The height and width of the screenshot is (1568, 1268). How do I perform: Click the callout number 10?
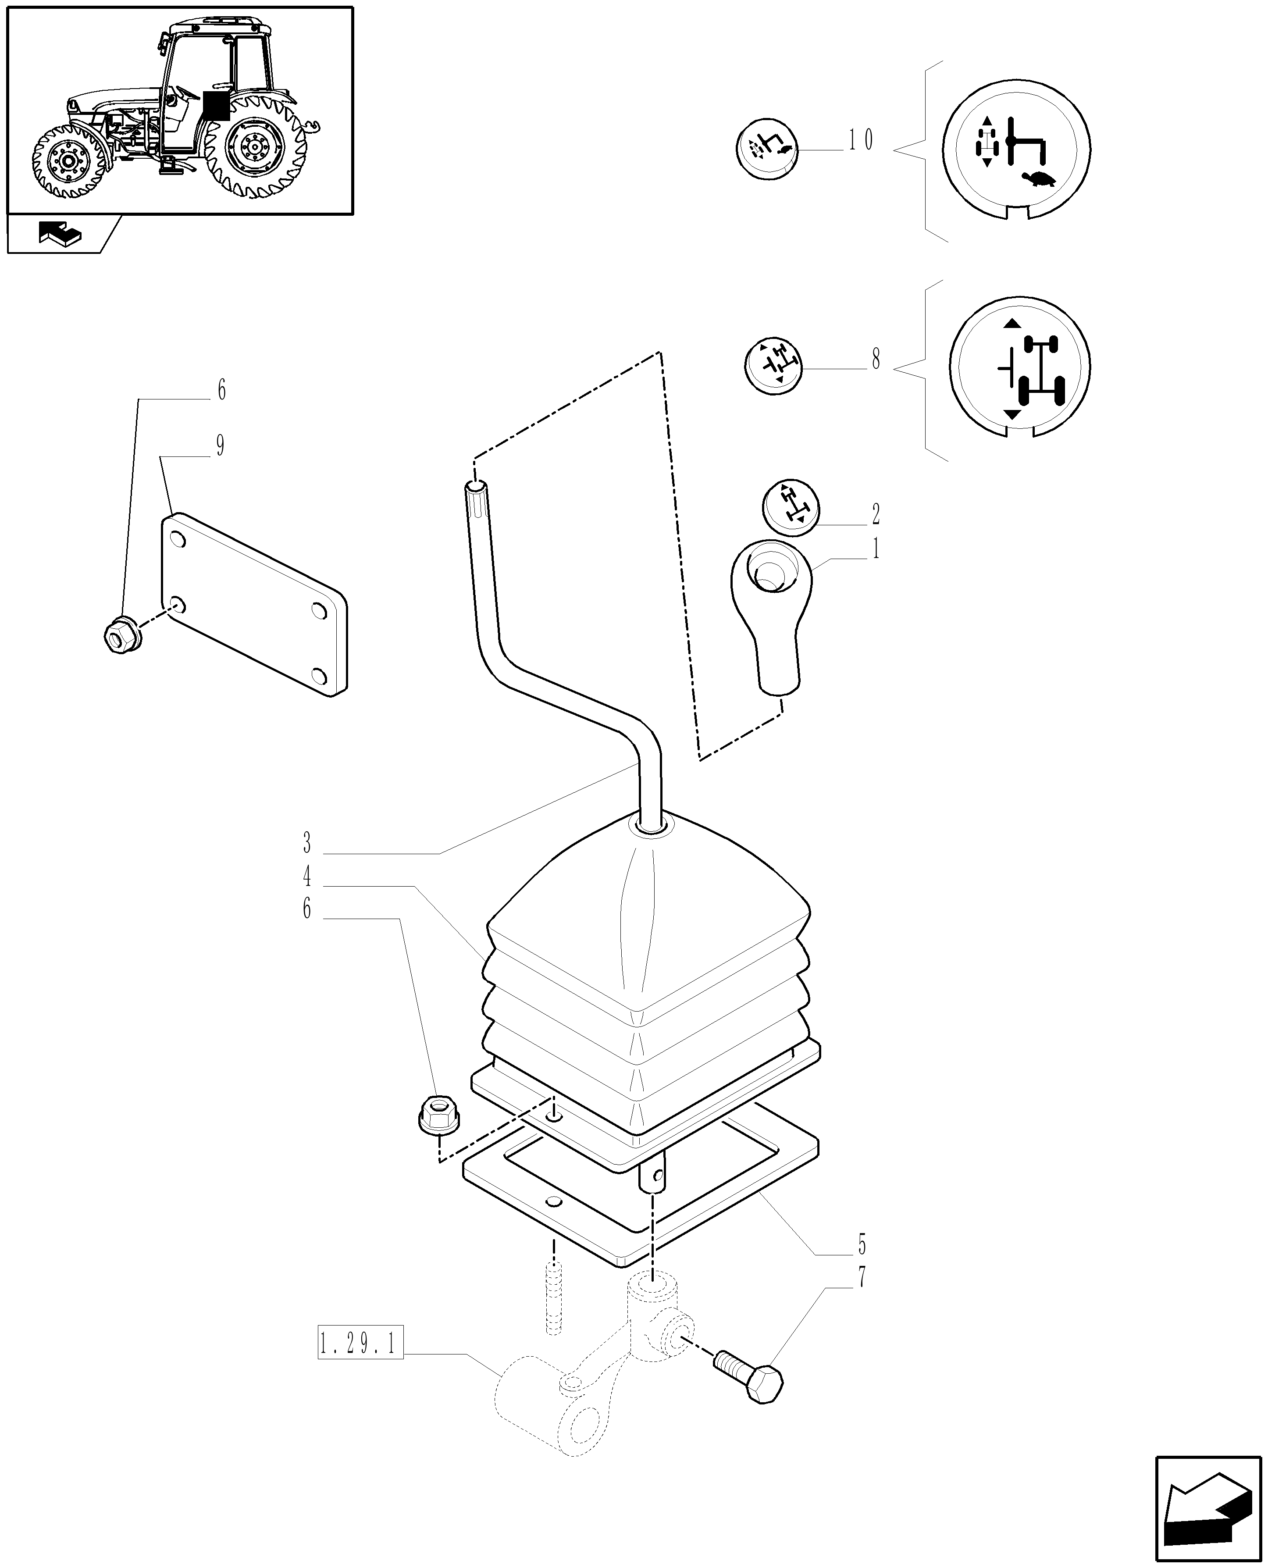tap(860, 140)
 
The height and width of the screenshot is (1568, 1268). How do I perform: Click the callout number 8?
tap(876, 359)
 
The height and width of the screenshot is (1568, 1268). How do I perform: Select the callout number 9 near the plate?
tap(220, 445)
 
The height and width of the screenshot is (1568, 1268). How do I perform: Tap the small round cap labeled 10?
tap(767, 148)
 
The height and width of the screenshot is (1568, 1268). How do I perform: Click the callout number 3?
tap(307, 844)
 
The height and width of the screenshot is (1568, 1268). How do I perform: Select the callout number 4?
tap(307, 877)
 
